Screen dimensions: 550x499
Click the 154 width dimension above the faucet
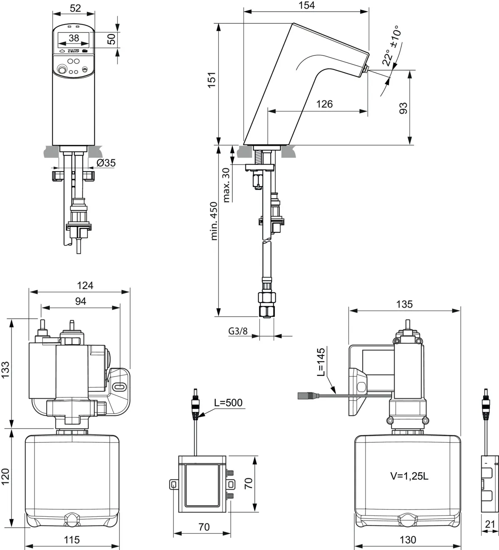(306, 5)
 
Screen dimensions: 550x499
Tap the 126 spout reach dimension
(324, 104)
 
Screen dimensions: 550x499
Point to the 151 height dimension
(212, 80)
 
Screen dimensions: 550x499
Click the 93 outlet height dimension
(403, 108)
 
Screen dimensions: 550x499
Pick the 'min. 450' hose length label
(214, 221)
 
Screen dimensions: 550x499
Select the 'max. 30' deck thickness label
(226, 185)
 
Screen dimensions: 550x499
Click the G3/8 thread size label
(238, 331)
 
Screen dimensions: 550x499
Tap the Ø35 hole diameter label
(106, 163)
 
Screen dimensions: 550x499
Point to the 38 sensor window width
(74, 38)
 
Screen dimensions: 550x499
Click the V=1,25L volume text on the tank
(409, 476)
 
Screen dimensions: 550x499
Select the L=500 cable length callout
(228, 402)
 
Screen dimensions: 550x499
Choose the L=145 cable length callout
(321, 362)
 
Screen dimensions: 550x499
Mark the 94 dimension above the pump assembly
(81, 301)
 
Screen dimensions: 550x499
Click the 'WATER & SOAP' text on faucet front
(73, 51)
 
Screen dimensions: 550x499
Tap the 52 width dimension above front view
(75, 8)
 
